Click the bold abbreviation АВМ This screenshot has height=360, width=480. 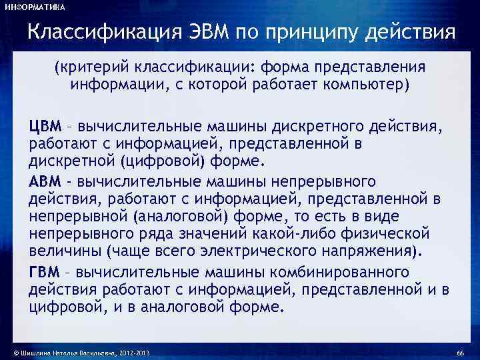click(45, 181)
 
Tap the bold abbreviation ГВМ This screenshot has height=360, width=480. click(45, 272)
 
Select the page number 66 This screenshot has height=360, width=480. click(461, 352)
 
